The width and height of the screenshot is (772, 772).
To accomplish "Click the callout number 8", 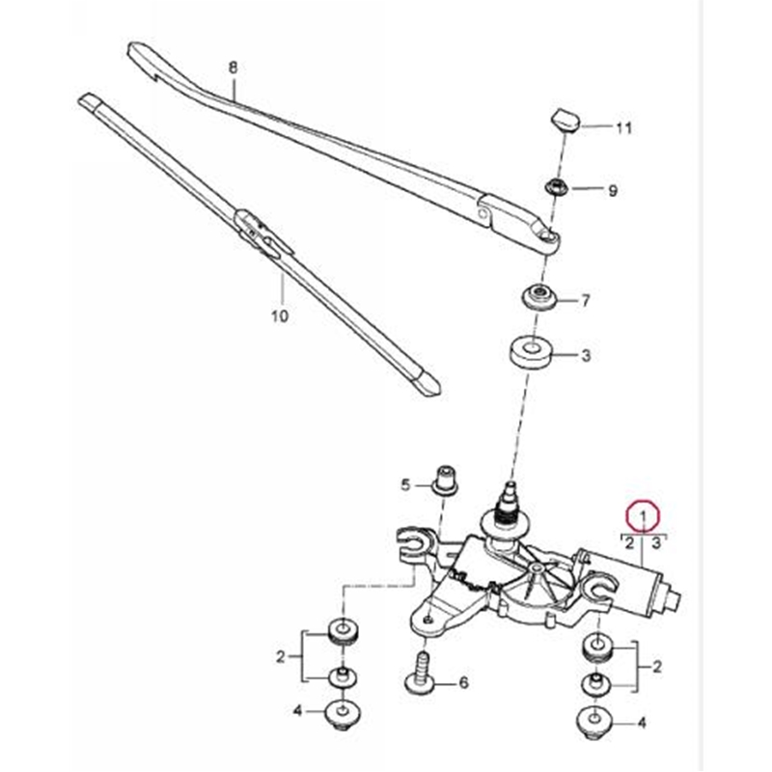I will click(232, 68).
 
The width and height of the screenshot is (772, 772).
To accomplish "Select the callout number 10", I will click(279, 315).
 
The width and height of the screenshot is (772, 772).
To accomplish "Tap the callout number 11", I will click(623, 127).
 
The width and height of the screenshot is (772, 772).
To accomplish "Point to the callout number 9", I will click(611, 190).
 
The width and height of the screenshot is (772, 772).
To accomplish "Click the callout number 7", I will click(585, 301).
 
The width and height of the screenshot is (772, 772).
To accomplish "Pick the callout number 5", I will click(406, 483).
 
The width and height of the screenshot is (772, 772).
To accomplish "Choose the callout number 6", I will click(463, 683).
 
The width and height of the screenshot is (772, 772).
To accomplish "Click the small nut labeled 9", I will click(558, 185).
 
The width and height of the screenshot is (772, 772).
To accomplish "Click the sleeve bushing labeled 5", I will click(446, 479).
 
